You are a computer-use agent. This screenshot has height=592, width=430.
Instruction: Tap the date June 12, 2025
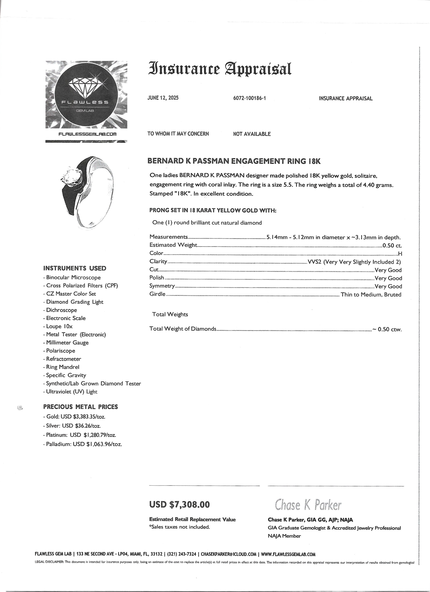(x=163, y=98)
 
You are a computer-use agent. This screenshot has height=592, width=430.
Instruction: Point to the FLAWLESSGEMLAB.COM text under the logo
(x=87, y=134)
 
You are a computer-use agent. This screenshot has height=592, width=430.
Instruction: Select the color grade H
(x=400, y=253)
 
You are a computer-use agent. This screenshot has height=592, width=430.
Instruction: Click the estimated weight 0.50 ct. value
(x=392, y=245)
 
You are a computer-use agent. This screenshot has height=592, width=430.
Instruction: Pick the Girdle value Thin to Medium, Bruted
(x=371, y=294)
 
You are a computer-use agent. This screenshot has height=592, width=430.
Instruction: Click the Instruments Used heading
(x=75, y=268)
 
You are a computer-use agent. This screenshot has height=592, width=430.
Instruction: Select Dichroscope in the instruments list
(x=62, y=310)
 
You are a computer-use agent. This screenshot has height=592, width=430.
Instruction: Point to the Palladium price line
(x=82, y=444)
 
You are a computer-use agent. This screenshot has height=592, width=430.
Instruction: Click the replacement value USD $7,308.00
(x=179, y=504)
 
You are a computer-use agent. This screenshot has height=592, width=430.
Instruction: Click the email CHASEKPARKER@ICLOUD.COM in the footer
(x=229, y=554)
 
